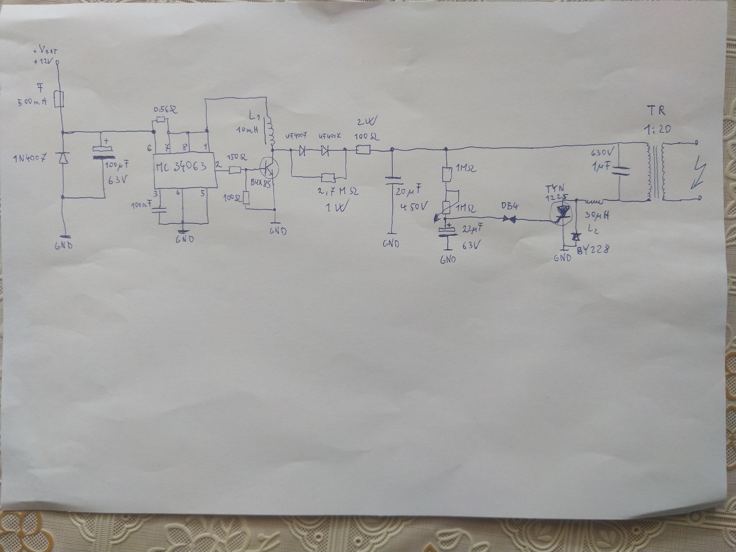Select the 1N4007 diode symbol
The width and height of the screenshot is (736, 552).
62,157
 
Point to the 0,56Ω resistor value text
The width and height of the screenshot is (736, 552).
165,110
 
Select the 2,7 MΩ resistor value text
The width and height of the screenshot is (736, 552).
338,191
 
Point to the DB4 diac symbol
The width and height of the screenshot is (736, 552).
510,219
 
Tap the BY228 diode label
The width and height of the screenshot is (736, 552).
593,250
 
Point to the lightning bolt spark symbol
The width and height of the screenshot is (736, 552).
699,176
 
